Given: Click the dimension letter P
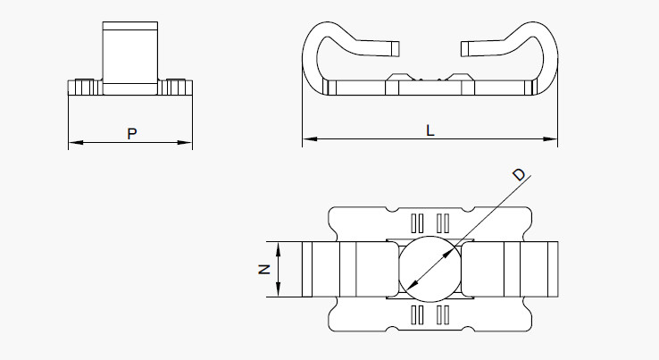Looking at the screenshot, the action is (x=132, y=134).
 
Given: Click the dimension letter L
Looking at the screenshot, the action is (x=430, y=130).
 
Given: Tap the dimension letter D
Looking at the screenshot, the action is (x=520, y=174).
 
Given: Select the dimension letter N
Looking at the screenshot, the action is (x=264, y=269).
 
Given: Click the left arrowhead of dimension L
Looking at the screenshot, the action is (x=310, y=138).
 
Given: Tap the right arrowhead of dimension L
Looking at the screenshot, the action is (x=550, y=138).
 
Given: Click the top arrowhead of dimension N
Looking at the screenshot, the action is (x=278, y=249).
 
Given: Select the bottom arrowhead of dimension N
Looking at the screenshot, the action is (x=278, y=289).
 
